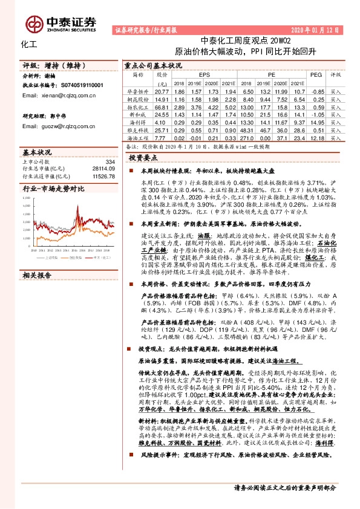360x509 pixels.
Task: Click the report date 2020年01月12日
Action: pos(315,29)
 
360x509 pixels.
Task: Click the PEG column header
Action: pos(316,75)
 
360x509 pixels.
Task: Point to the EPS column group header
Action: pos(203,75)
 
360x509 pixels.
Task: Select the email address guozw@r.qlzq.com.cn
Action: pos(53,127)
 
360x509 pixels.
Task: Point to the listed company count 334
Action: pos(110,162)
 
